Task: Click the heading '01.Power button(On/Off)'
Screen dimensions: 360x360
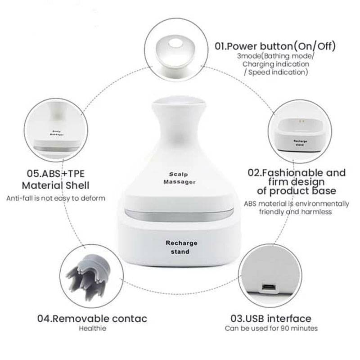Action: click(275, 46)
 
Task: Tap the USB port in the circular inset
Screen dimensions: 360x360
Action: click(269, 287)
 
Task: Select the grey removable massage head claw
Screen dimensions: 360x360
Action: click(89, 276)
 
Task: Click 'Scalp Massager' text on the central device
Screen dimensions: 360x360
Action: click(179, 178)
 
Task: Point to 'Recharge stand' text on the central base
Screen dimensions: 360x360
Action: click(181, 247)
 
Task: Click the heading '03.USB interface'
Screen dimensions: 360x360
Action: click(271, 319)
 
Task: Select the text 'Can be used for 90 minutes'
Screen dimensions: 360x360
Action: click(271, 328)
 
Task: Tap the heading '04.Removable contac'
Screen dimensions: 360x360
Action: click(92, 319)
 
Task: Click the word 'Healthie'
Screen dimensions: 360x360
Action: click(93, 328)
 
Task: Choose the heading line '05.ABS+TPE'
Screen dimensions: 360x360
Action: click(56, 174)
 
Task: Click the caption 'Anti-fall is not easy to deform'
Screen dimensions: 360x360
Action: click(56, 198)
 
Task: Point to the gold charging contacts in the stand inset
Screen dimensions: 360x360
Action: click(301, 121)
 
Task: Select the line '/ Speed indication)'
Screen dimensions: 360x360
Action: click(276, 72)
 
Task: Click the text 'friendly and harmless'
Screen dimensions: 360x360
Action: click(296, 211)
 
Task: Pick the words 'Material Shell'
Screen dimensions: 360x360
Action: click(55, 185)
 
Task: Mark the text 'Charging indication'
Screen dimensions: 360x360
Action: click(276, 64)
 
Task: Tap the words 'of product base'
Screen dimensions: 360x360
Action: click(297, 191)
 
